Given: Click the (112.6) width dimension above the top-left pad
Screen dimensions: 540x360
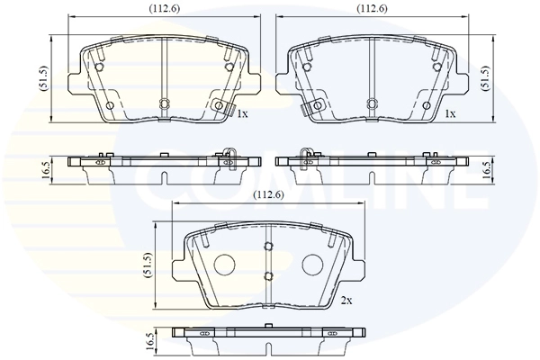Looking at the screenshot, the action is tap(165, 9).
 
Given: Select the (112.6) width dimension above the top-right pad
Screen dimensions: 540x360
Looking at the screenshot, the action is tap(372, 9).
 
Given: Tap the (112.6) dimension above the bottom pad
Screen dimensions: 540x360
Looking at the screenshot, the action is tap(268, 195).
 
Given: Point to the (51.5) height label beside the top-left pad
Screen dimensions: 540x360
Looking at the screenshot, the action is tap(45, 78).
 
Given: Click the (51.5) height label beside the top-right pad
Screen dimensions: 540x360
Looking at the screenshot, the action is tap(485, 78).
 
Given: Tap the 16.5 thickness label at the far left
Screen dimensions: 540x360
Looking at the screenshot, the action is tap(46, 170).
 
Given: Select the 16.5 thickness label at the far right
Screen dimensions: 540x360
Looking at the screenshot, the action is tap(486, 170).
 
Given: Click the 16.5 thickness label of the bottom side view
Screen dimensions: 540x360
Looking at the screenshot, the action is tap(149, 342).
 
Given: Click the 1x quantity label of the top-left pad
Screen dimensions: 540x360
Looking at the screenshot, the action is tap(242, 113).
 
